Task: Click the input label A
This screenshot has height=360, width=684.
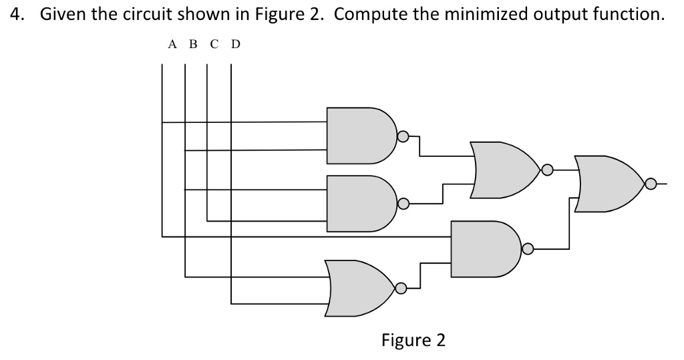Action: coord(172,45)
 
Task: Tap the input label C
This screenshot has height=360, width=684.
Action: coord(213,45)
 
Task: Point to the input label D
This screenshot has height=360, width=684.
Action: coord(234,45)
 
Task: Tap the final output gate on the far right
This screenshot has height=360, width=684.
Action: coord(607,183)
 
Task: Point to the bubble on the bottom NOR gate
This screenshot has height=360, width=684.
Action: coord(400,289)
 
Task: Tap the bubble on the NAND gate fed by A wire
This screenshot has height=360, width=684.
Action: coord(527,250)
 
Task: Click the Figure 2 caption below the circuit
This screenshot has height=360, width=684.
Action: coord(413,340)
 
